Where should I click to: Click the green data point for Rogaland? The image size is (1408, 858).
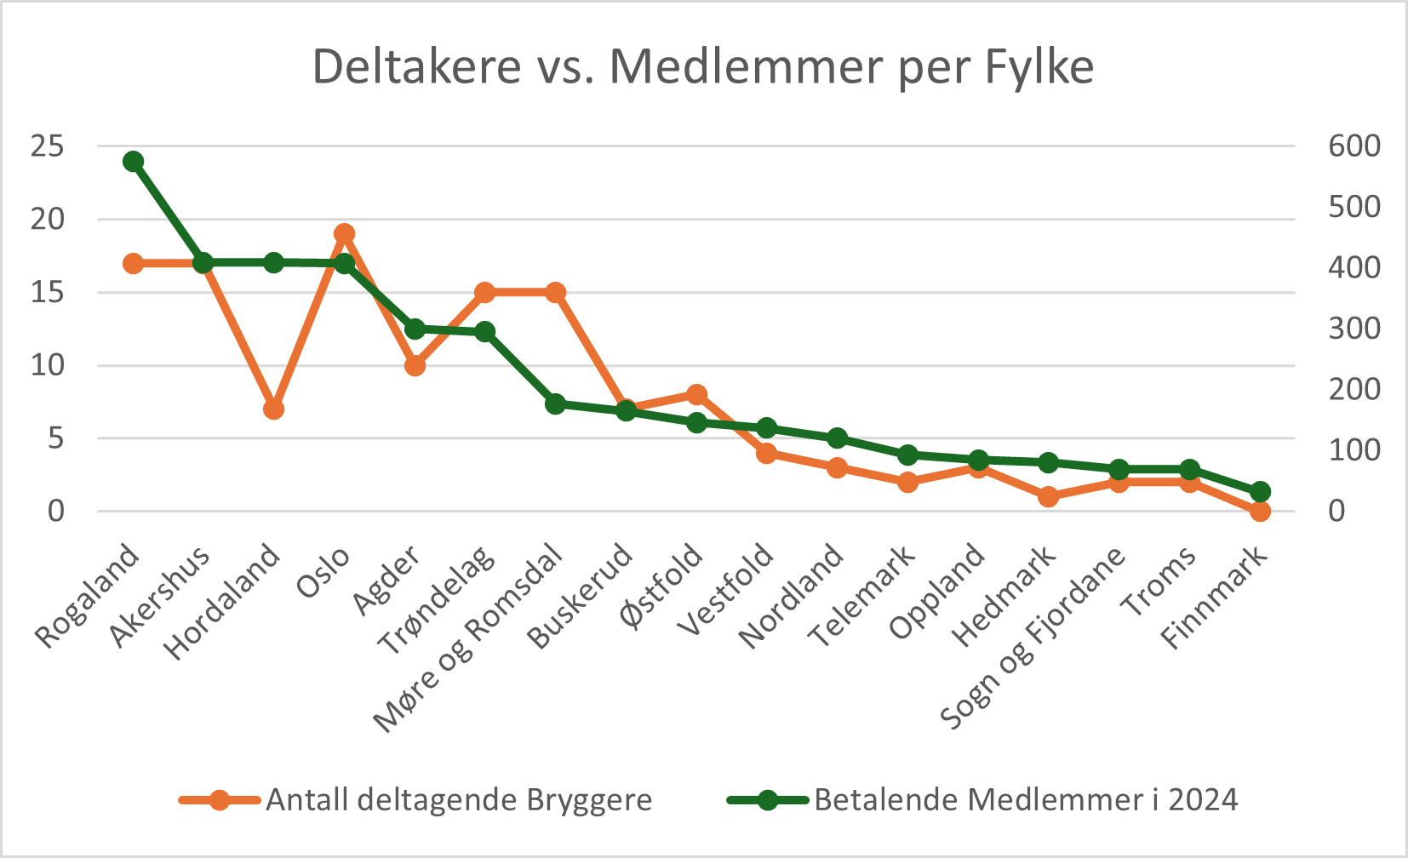(x=133, y=162)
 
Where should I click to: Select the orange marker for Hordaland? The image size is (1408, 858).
(x=273, y=409)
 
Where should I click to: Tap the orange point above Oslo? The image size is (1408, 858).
(x=344, y=234)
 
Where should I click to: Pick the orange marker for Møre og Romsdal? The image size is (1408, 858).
(x=555, y=293)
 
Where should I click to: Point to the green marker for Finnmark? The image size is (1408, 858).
(x=1260, y=492)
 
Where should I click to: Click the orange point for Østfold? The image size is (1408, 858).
(x=696, y=395)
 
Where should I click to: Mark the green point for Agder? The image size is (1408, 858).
(x=415, y=329)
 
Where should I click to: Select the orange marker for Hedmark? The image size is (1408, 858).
(x=1049, y=496)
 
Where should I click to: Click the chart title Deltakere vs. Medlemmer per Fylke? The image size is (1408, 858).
(x=703, y=66)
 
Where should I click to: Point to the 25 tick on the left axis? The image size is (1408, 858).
(x=48, y=146)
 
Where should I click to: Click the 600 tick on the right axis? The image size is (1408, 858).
(x=1354, y=146)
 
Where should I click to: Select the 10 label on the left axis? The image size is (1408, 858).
(x=48, y=365)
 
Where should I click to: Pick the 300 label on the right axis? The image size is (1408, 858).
(x=1354, y=329)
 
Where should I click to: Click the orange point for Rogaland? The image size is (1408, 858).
(x=133, y=264)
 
